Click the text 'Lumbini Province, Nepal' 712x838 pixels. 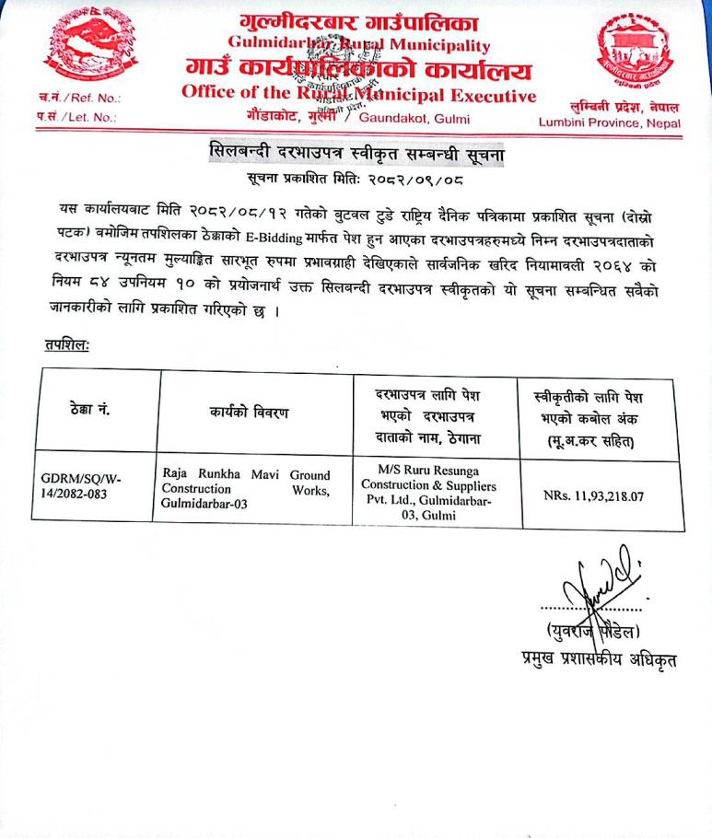point(611,123)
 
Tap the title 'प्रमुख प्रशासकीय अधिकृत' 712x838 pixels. point(586,660)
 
